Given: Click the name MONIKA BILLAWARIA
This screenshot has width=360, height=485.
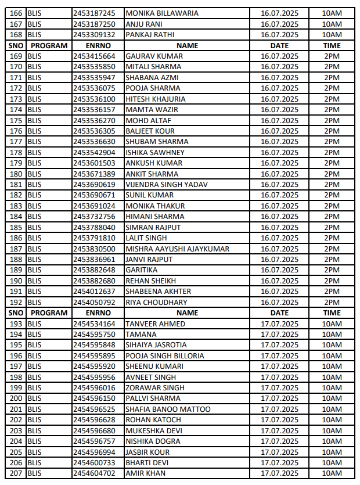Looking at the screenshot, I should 162,13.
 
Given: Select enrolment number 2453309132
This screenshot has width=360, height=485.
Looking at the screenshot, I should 94,35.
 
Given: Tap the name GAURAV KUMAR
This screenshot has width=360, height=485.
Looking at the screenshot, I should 154,56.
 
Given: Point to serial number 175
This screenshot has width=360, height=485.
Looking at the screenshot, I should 16,120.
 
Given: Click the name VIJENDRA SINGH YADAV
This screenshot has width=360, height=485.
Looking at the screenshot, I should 167,185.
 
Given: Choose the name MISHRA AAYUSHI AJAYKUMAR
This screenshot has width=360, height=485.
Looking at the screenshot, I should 177,249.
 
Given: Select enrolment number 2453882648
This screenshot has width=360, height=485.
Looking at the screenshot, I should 94,270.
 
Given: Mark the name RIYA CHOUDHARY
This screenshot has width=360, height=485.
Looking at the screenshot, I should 156,302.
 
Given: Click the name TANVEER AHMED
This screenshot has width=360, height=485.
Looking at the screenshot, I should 156,324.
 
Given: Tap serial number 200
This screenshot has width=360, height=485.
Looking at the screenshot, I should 16,398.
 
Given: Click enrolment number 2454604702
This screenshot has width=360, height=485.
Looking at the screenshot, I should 94,473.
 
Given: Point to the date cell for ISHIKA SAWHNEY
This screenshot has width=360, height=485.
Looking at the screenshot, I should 279,152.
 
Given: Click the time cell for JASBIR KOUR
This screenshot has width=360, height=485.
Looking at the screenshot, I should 332,452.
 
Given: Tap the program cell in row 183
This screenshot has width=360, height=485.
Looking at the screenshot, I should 35,206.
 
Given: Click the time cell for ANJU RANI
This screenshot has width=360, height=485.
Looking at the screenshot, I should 332,24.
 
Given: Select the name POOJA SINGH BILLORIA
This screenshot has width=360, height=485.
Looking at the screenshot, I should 165,355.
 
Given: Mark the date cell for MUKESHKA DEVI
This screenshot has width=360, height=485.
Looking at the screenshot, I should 279,430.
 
